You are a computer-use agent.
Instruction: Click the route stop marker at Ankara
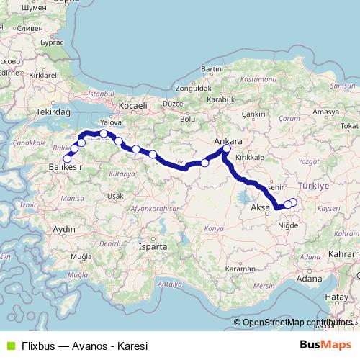227,149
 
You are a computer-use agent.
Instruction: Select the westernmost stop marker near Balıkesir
67,158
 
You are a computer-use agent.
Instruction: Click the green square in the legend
9,346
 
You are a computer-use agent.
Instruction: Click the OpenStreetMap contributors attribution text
297,323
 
